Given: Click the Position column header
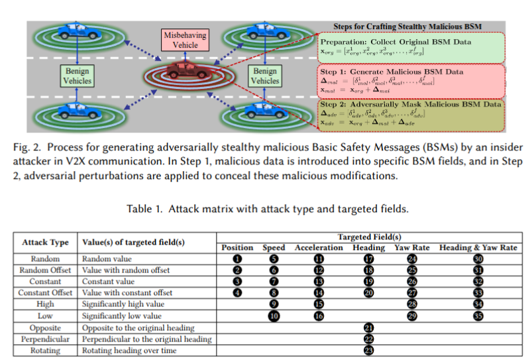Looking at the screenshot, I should (237, 248).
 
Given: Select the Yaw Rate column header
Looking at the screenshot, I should (412, 248).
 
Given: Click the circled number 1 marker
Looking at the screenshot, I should (237, 259).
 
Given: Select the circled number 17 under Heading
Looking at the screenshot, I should (369, 259).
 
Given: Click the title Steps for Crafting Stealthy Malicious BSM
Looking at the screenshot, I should (407, 26).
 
